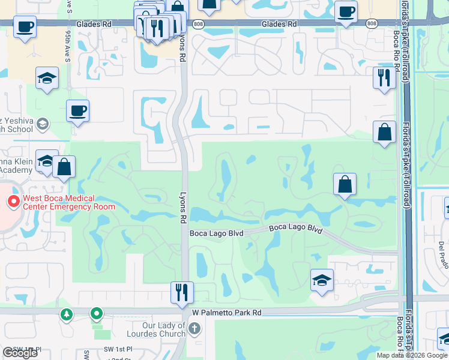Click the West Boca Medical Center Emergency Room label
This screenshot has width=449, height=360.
68,202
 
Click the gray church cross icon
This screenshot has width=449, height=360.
194,328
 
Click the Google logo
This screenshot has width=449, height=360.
20,353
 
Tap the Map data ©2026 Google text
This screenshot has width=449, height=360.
412,355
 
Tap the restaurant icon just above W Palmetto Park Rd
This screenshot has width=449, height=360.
181,292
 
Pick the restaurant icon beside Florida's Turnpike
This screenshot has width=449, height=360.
384,77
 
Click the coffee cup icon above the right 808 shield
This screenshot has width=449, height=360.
346,11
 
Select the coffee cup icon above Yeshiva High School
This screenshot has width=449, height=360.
77,110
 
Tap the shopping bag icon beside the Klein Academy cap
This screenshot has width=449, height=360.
64,166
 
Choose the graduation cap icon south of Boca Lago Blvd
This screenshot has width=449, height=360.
322,280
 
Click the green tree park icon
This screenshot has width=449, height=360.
67,314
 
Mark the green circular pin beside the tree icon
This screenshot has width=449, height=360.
96,313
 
